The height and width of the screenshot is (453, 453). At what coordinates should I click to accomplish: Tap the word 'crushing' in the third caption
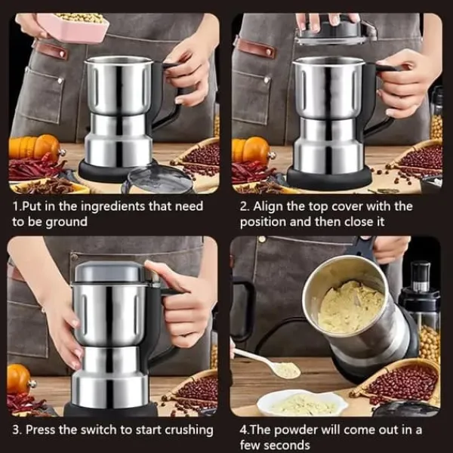pos(189,430)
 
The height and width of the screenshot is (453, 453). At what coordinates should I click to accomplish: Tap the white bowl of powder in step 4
pos(302,402)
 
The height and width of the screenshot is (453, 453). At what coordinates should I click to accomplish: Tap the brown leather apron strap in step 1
pos(51,49)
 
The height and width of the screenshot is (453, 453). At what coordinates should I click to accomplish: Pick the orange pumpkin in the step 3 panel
pos(19,378)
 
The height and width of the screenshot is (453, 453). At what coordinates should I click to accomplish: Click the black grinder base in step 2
pos(329,177)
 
